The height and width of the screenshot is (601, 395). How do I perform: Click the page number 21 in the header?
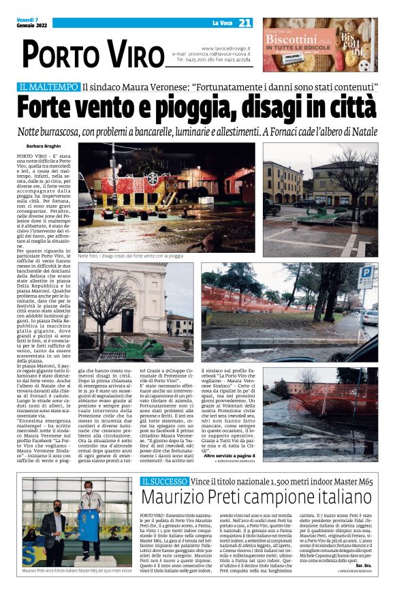pyautogui.click(x=244, y=23)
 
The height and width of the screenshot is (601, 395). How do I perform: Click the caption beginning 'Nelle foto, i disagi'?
pyautogui.click(x=130, y=256)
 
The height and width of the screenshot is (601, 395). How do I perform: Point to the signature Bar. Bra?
pyautogui.click(x=365, y=584)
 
